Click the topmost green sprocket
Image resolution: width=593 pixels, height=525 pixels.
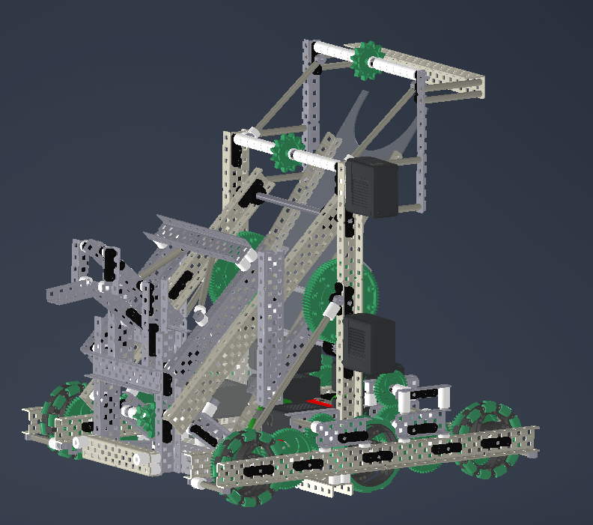point(367,60)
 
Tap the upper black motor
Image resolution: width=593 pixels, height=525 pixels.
point(371,187)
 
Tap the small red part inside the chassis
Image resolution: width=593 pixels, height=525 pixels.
point(320,402)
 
